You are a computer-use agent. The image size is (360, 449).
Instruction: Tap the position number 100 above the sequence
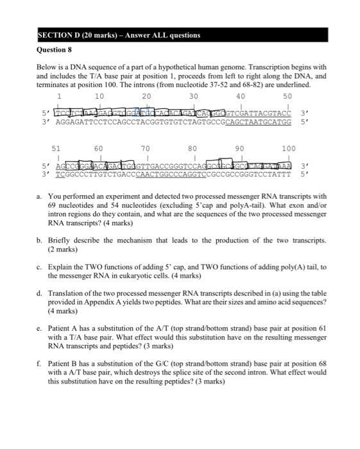click(x=288, y=149)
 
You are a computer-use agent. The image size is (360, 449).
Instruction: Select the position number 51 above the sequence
click(x=56, y=149)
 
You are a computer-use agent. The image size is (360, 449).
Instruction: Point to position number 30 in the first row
click(x=194, y=96)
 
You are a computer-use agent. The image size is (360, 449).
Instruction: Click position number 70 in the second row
click(x=146, y=149)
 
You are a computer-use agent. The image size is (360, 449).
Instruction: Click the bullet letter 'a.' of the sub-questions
click(x=39, y=196)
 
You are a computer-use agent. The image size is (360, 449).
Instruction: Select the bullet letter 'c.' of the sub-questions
click(x=39, y=266)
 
